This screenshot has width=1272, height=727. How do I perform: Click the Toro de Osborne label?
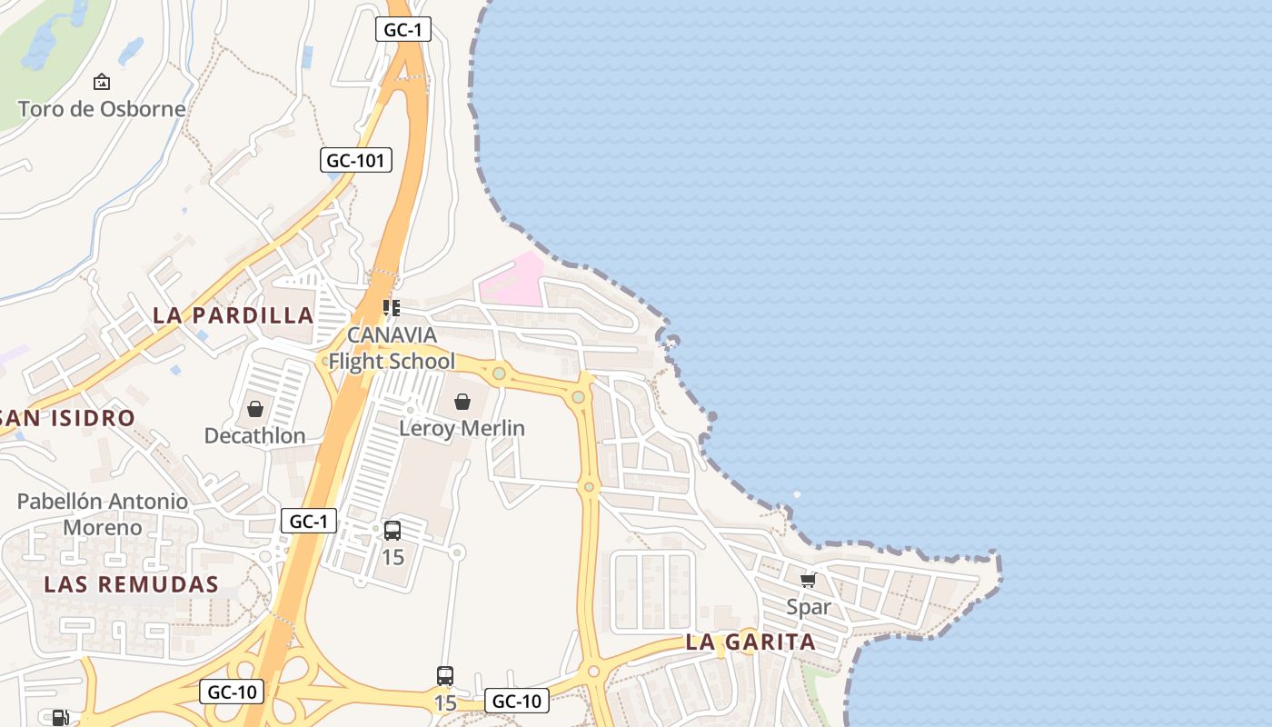(x=102, y=109)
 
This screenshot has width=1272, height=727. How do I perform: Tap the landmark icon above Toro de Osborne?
(x=102, y=82)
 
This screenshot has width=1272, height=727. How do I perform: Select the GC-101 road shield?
(x=356, y=161)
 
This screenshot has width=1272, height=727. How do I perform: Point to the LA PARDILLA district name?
(x=233, y=315)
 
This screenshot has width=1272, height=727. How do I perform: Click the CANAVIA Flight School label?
(x=392, y=348)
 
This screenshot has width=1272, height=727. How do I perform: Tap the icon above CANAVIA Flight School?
(x=392, y=308)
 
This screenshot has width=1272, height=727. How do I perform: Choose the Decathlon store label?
(x=254, y=435)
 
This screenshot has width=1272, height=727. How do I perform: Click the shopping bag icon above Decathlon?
(x=255, y=409)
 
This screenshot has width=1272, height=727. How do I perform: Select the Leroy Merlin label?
(x=462, y=428)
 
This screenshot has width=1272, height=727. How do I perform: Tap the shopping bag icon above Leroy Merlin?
(x=462, y=402)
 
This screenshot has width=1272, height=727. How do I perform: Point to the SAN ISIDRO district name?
(x=68, y=418)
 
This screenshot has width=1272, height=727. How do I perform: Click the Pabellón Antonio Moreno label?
(x=103, y=514)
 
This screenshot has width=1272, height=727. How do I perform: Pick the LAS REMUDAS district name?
(x=132, y=584)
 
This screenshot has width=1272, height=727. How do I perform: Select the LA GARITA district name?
(x=750, y=642)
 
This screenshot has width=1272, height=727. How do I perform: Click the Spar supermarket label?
(x=809, y=606)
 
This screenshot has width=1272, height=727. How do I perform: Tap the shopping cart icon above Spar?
(x=808, y=580)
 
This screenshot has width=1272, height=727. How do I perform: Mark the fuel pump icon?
(x=60, y=718)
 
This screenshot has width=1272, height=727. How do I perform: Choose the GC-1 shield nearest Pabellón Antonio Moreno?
(x=309, y=522)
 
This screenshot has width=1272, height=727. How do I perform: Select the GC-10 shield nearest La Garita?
(x=517, y=701)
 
